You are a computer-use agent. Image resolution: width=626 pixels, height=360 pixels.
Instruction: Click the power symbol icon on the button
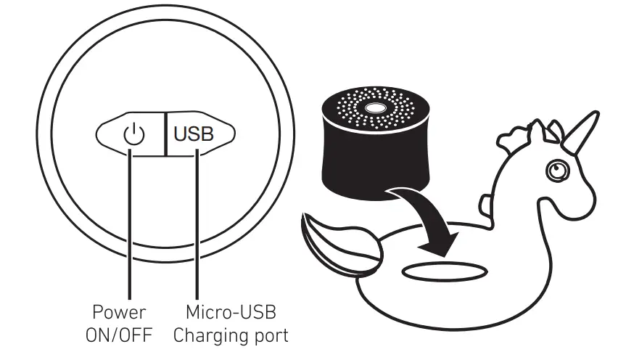tap(133, 134)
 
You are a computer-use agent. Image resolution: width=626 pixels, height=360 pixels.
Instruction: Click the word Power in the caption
tap(119, 314)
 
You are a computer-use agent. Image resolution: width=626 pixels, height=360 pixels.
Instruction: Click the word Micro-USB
tap(230, 314)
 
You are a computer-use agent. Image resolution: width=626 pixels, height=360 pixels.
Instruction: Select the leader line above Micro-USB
tap(196, 232)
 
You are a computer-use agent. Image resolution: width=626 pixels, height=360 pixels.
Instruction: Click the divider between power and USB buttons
tap(165, 134)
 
